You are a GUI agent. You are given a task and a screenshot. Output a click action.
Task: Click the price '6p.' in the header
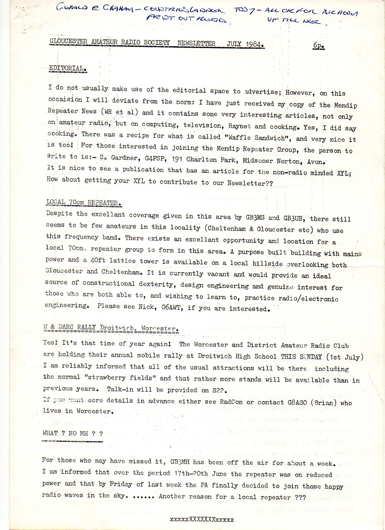click(319, 45)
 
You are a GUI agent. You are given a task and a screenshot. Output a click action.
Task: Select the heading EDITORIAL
click(68, 68)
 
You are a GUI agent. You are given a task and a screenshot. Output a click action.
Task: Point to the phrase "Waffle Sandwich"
click(258, 138)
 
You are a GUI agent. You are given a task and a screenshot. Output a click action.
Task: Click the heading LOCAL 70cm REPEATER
click(84, 202)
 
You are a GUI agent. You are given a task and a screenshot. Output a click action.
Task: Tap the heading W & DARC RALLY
click(69, 327)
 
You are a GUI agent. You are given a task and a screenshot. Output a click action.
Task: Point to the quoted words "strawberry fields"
click(120, 378)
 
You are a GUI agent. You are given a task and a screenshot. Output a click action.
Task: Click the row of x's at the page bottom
click(202, 519)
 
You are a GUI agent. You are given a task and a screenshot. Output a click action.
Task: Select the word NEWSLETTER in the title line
click(196, 43)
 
